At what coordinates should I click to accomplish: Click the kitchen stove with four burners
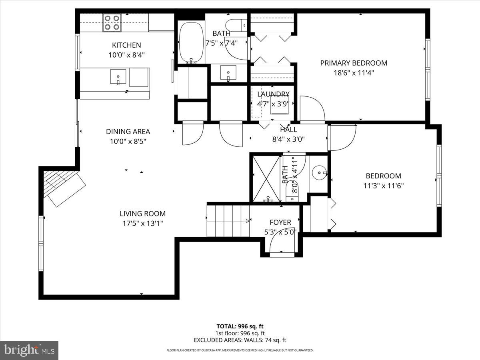tap(112, 22)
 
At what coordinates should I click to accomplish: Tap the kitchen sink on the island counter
tap(118, 76)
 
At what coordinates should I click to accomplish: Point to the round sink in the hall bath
tap(320, 173)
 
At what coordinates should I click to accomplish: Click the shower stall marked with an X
tap(265, 178)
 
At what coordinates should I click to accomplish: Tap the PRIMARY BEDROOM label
tap(354, 63)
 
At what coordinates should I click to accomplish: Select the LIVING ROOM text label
tap(142, 214)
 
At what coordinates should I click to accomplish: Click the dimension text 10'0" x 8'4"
tap(126, 55)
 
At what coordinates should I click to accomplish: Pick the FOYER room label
tap(280, 222)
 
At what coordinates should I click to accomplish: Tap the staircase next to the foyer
tap(228, 220)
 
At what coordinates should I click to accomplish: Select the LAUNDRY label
tap(273, 94)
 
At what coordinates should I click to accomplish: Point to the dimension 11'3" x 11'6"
tap(383, 186)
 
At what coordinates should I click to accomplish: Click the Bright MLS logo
tap(29, 350)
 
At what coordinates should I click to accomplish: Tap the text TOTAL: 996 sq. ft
tap(240, 326)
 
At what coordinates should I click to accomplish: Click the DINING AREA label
tap(128, 131)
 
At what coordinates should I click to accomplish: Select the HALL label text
tap(288, 130)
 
